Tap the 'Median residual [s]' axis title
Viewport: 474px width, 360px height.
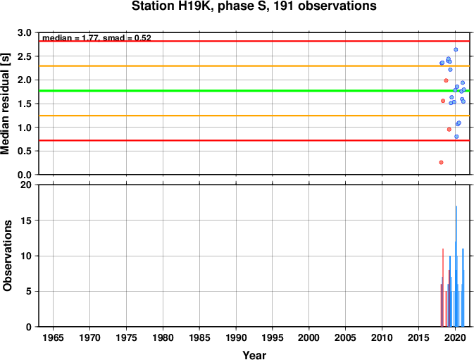coord(5,104)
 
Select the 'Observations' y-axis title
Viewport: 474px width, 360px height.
coord(7,256)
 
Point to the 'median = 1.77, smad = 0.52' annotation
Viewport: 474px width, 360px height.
coord(96,38)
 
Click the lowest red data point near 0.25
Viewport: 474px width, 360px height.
coord(441,162)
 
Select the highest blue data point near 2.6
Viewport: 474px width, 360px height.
coord(456,49)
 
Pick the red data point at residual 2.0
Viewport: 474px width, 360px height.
coord(446,80)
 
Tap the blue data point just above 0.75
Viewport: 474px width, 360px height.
coord(456,137)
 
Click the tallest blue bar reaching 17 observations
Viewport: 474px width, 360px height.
coord(456,266)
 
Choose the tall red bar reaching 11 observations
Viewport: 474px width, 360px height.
coord(443,287)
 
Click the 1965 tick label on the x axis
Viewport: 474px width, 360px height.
coord(54,337)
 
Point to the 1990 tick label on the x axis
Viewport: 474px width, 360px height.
coord(236,337)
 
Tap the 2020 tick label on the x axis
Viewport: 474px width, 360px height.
coord(455,337)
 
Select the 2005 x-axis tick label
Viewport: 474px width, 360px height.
coord(345,337)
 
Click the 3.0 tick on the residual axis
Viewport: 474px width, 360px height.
coord(25,32)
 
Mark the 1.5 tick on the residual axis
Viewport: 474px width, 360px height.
coord(25,104)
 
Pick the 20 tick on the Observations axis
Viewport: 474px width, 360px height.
coord(26,185)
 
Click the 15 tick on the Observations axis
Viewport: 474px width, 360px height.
coord(26,221)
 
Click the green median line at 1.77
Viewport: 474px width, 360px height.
coord(254,91)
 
